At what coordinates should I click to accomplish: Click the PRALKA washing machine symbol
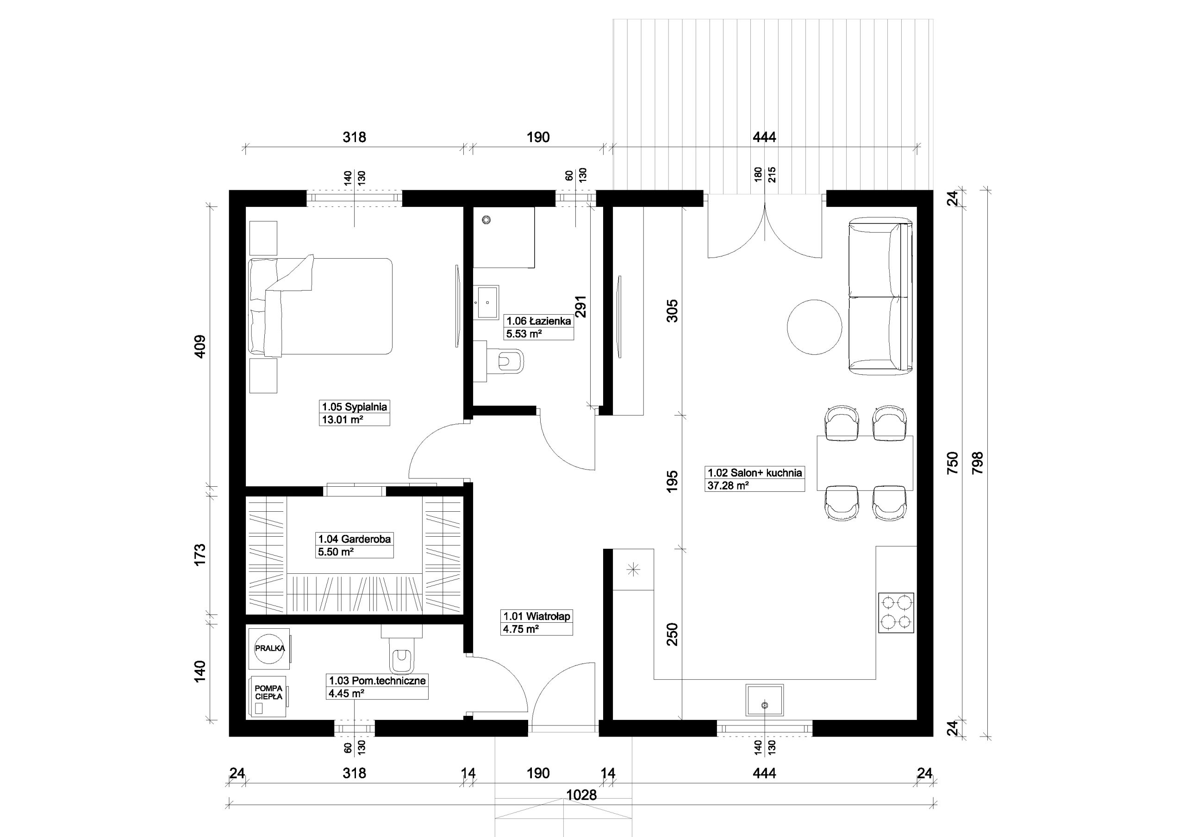[269, 648]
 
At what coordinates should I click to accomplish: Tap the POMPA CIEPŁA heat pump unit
[268, 697]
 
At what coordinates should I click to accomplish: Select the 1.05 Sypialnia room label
[354, 412]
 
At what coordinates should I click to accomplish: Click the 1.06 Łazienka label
[539, 327]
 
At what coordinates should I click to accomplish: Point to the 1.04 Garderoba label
[354, 545]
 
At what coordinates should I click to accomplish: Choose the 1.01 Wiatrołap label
[537, 622]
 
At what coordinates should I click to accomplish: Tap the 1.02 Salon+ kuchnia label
[755, 478]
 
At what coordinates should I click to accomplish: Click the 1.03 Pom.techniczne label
[377, 686]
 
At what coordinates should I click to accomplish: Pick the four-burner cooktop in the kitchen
[896, 613]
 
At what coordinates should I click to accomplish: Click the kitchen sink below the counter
[764, 700]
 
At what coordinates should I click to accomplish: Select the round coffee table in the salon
[814, 327]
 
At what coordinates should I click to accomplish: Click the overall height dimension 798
[977, 463]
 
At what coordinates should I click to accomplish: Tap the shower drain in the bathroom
[486, 220]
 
